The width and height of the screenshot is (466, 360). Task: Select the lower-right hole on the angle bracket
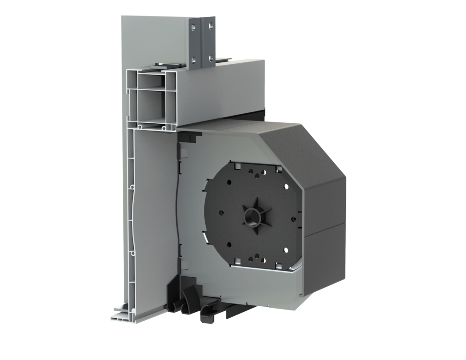coord(211,58)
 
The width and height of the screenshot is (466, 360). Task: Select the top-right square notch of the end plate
coord(277,168)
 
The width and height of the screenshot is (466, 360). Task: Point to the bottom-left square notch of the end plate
coord(237,261)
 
